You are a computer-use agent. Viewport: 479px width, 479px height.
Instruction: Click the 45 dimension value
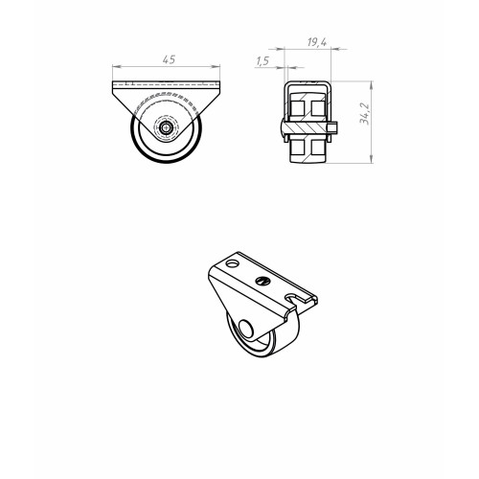point(169,59)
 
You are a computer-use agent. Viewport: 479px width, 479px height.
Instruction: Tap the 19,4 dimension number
point(317,42)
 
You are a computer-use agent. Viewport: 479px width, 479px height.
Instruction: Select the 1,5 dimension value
point(262,61)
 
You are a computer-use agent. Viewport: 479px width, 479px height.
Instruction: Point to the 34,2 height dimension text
point(364,114)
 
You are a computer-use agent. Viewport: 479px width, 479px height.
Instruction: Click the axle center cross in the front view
point(166,128)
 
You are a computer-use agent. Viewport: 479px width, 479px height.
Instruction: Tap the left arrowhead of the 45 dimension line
point(116,67)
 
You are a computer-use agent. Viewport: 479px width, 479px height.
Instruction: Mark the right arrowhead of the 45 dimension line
point(217,67)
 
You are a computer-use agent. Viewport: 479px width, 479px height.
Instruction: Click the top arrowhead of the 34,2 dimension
point(371,85)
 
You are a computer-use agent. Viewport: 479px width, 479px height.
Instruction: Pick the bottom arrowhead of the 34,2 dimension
point(371,159)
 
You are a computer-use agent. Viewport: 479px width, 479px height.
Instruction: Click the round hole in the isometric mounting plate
point(232,263)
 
